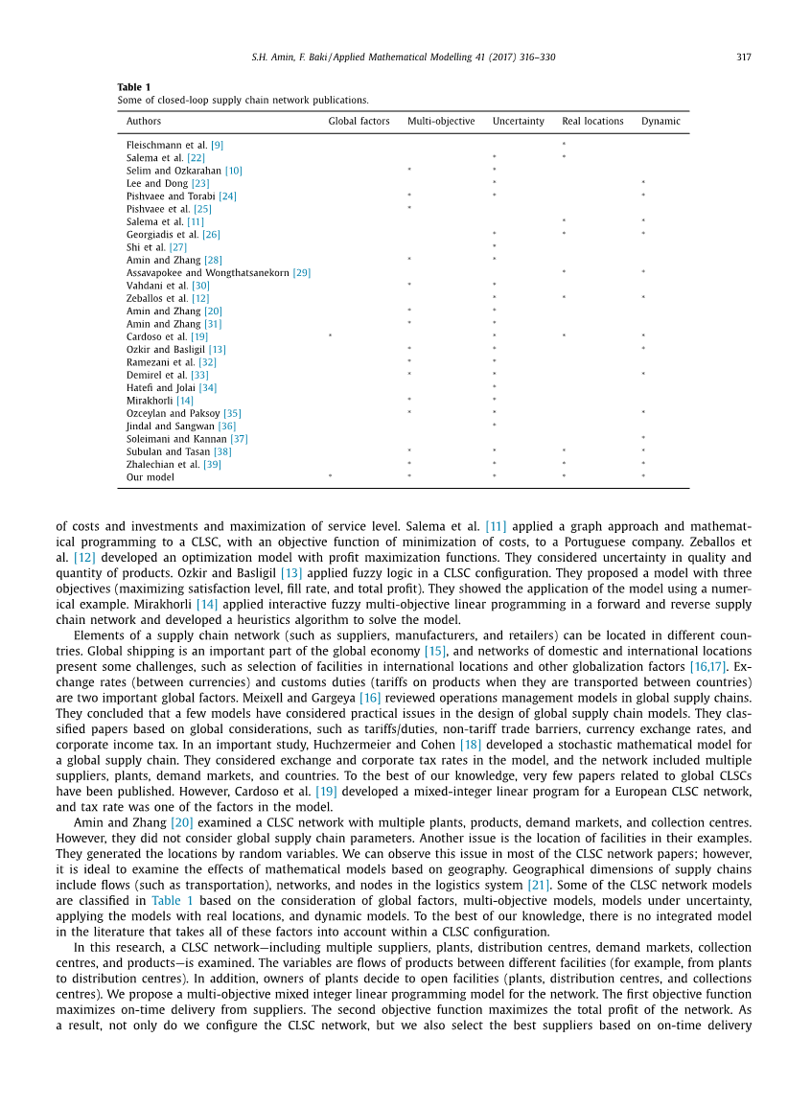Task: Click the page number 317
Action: [744, 58]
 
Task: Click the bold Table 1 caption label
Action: [134, 87]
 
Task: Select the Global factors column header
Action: [359, 122]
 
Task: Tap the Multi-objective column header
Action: [441, 122]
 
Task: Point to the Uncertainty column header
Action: [518, 122]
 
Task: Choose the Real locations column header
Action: [592, 122]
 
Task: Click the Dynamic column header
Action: [660, 122]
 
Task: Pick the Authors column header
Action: [144, 122]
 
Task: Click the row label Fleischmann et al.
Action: [167, 145]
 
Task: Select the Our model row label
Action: [151, 477]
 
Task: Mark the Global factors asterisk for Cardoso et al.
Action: [330, 336]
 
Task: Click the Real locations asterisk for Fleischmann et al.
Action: [564, 145]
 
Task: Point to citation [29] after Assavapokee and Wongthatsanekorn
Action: [302, 273]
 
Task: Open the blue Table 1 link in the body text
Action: [173, 901]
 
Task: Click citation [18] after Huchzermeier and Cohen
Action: [471, 744]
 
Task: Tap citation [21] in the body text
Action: [537, 886]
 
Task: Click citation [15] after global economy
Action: [435, 652]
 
